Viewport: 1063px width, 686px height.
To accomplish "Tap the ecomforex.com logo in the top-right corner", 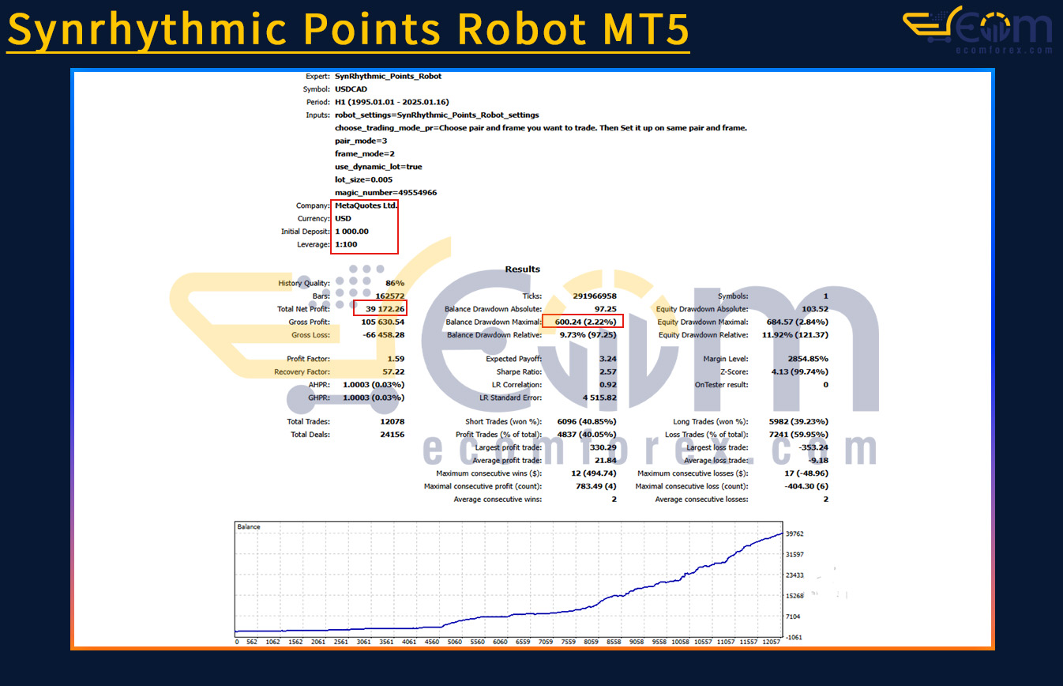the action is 978,30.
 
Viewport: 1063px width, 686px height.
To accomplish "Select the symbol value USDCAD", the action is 351,89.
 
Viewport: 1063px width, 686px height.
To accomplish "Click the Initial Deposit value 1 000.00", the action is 351,232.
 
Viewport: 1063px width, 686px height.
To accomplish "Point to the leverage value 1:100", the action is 346,244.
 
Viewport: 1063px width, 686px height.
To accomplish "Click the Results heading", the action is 523,269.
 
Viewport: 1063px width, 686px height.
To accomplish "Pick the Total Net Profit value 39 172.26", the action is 385,309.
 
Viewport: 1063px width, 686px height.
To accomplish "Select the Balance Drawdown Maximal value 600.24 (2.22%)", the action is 586,322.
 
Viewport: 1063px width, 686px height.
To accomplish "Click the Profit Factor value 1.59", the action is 396,359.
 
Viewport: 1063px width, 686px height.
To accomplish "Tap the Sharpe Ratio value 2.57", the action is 608,371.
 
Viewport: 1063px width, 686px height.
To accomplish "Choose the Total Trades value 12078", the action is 392,421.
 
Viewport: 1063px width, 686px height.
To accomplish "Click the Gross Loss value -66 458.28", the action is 384,335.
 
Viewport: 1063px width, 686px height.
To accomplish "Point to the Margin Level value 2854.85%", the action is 808,359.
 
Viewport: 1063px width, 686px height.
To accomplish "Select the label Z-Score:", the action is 734,371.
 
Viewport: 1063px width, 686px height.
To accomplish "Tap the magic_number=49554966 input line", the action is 386,193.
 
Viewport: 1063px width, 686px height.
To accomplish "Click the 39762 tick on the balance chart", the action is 794,534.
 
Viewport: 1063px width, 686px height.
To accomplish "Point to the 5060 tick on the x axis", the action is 455,642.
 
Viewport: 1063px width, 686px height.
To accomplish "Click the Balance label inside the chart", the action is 249,527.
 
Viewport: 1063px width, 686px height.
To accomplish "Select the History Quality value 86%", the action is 395,284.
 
